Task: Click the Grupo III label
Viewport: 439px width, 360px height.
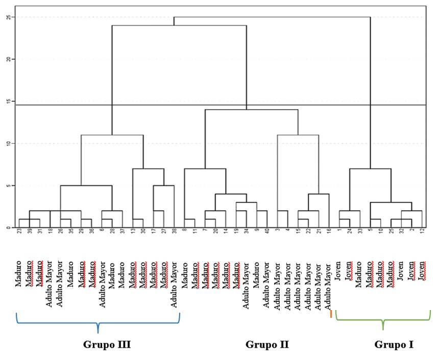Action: (x=107, y=345)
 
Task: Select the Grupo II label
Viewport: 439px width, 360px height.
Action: (x=267, y=345)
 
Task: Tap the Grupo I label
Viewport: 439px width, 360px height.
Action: (x=394, y=345)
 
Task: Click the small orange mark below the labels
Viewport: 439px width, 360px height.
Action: (x=331, y=314)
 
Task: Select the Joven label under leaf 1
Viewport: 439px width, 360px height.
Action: (x=339, y=275)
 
